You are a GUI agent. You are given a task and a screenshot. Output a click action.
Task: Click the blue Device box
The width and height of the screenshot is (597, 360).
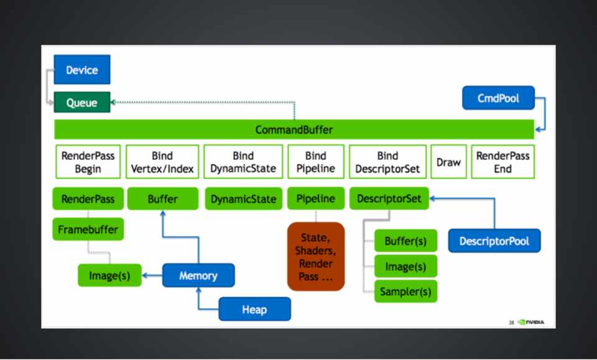pyautogui.click(x=82, y=70)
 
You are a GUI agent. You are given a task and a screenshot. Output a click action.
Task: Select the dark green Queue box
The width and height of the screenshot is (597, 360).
pyautogui.click(x=82, y=103)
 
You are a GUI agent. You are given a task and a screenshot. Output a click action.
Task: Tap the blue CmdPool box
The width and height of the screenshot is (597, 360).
pyautogui.click(x=498, y=98)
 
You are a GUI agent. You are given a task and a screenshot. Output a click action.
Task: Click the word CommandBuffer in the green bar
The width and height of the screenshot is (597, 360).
pyautogui.click(x=294, y=130)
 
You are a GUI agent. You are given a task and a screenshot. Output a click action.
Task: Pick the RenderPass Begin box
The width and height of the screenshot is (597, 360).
pyautogui.click(x=88, y=162)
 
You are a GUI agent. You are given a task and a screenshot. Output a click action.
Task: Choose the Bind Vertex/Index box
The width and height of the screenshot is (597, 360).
pyautogui.click(x=162, y=162)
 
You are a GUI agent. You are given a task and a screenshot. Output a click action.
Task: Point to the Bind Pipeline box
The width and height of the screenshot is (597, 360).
pyautogui.click(x=316, y=162)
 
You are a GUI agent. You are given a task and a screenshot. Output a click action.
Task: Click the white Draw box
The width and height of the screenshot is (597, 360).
pyautogui.click(x=448, y=162)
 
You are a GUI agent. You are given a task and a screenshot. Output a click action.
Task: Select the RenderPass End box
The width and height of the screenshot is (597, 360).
pyautogui.click(x=502, y=162)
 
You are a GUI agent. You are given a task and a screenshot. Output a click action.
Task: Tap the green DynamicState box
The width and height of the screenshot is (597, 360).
pyautogui.click(x=243, y=199)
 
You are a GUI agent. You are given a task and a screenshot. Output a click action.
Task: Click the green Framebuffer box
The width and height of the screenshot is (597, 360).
pyautogui.click(x=88, y=229)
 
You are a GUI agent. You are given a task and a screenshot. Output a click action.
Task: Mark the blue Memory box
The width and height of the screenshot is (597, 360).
pyautogui.click(x=198, y=275)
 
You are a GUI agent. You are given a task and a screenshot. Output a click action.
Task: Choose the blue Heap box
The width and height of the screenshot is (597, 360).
pyautogui.click(x=254, y=309)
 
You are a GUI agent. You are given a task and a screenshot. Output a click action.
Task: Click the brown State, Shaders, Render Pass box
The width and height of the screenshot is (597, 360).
pyautogui.click(x=316, y=256)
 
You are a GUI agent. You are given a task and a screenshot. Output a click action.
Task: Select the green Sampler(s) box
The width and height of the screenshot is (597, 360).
pyautogui.click(x=405, y=291)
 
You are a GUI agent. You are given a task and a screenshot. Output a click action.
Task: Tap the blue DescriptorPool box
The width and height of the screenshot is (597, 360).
pyautogui.click(x=494, y=241)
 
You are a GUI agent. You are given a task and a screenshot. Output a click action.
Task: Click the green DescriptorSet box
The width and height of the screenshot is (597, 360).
pyautogui.click(x=389, y=199)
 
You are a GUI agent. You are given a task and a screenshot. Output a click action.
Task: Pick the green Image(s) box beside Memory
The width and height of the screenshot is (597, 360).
pyautogui.click(x=109, y=275)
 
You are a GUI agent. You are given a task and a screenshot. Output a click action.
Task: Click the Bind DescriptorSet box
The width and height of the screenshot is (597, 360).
pyautogui.click(x=387, y=162)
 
